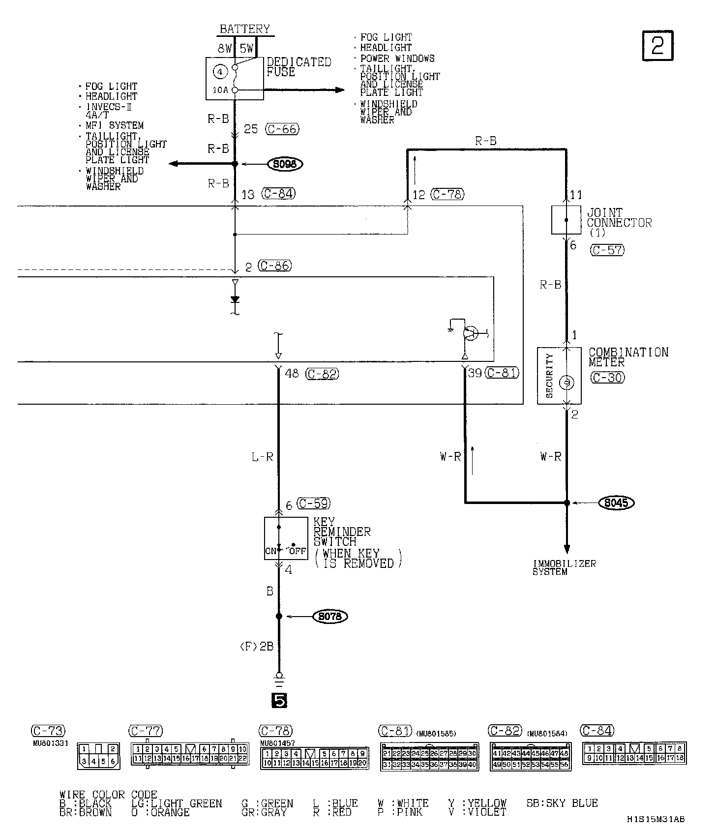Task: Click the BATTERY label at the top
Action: [x=244, y=29]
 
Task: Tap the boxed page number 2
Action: [x=657, y=46]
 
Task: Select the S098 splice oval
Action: [x=285, y=164]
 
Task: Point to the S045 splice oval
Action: [x=616, y=503]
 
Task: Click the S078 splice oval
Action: [x=330, y=616]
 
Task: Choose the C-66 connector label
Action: [x=282, y=129]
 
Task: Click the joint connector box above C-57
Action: [x=566, y=220]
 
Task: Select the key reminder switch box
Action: [x=286, y=538]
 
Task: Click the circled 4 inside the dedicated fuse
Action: [x=220, y=72]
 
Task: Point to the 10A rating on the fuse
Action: [x=220, y=90]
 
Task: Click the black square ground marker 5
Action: [x=279, y=700]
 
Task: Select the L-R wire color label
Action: [x=262, y=457]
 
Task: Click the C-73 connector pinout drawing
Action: [x=98, y=756]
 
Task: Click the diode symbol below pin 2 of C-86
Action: [x=235, y=298]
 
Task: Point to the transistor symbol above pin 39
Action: [x=470, y=333]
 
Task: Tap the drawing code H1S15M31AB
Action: [x=656, y=819]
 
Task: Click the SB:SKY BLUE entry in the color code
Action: [x=562, y=803]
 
